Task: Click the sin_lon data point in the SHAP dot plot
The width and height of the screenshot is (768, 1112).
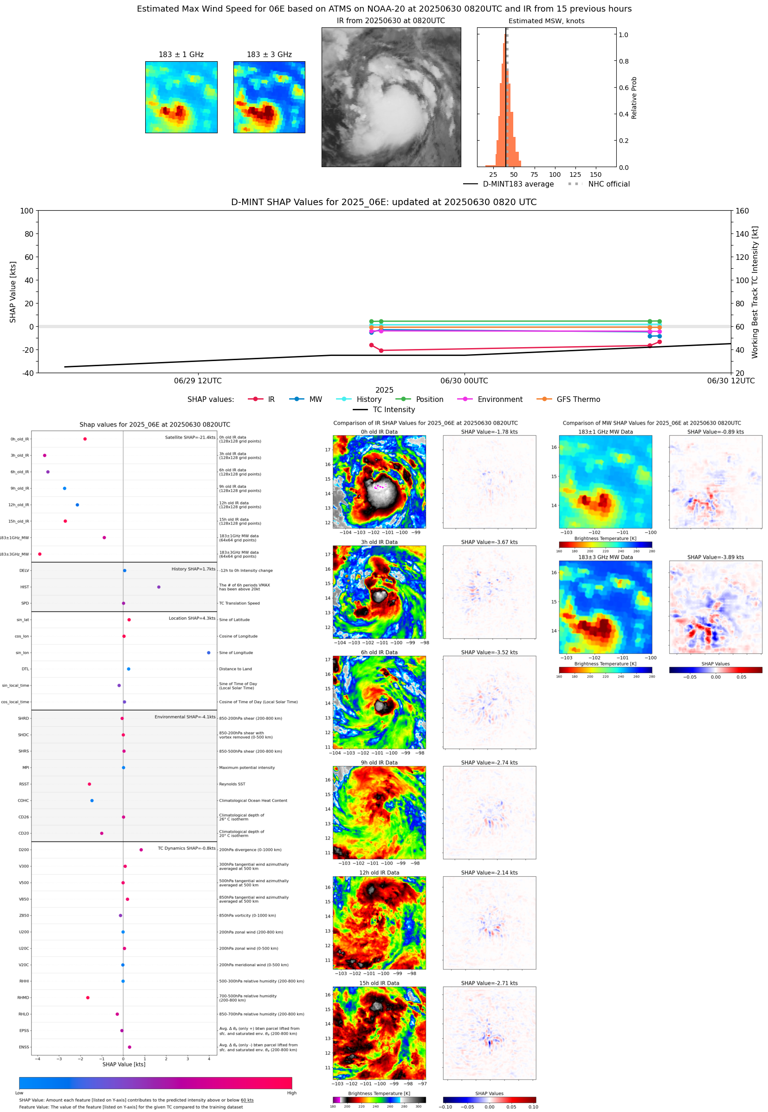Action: pyautogui.click(x=208, y=653)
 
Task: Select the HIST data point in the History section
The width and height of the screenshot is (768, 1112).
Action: pyautogui.click(x=159, y=587)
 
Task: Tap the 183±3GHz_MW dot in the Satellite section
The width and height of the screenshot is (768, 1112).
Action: pyautogui.click(x=40, y=554)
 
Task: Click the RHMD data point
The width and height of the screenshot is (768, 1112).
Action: pyautogui.click(x=88, y=997)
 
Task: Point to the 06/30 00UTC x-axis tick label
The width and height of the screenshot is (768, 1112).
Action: pyautogui.click(x=464, y=381)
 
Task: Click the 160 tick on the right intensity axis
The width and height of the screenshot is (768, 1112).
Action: pyautogui.click(x=742, y=211)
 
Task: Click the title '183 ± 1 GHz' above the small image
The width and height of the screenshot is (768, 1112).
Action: pyautogui.click(x=181, y=55)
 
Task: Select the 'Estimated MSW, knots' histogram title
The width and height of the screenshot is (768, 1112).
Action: pyautogui.click(x=546, y=21)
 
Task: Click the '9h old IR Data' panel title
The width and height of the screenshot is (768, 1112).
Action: pyautogui.click(x=379, y=763)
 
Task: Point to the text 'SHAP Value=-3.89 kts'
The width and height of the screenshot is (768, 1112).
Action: pyautogui.click(x=715, y=557)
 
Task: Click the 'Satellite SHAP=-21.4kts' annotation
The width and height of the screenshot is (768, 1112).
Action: pyautogui.click(x=190, y=437)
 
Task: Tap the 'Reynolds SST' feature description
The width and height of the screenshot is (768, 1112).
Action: pyautogui.click(x=232, y=784)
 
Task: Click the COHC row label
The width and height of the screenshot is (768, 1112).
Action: pyautogui.click(x=23, y=801)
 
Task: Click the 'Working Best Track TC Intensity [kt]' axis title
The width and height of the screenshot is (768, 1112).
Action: pyautogui.click(x=755, y=292)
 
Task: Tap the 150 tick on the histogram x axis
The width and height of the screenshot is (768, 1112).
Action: pyautogui.click(x=595, y=175)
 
